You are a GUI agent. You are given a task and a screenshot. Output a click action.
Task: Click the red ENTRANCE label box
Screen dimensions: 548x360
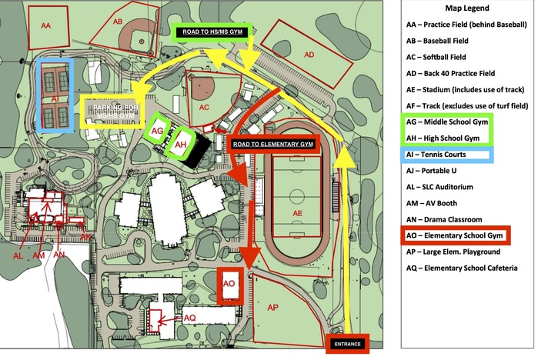pyautogui.click(x=348, y=343)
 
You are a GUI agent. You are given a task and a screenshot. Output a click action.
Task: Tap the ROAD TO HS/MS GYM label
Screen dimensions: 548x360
pyautogui.click(x=219, y=33)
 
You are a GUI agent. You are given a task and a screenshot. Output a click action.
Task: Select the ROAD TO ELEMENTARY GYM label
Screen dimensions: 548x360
pyautogui.click(x=272, y=143)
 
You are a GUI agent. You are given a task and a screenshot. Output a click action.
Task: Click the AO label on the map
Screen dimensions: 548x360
pyautogui.click(x=229, y=283)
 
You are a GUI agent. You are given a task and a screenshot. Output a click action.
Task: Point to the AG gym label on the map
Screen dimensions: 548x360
pyautogui.click(x=157, y=132)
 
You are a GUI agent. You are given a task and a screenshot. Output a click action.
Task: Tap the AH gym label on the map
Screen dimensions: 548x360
pyautogui.click(x=182, y=145)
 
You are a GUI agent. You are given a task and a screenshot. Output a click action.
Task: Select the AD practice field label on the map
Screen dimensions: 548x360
pyautogui.click(x=309, y=55)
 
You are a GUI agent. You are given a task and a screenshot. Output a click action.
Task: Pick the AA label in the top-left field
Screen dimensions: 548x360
pyautogui.click(x=45, y=26)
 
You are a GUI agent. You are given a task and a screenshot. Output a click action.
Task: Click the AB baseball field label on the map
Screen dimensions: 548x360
pyautogui.click(x=118, y=22)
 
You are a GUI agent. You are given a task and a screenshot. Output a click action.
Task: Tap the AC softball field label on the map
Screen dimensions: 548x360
pyautogui.click(x=205, y=107)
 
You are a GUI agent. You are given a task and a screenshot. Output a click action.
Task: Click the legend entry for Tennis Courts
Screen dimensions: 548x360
pyautogui.click(x=449, y=155)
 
